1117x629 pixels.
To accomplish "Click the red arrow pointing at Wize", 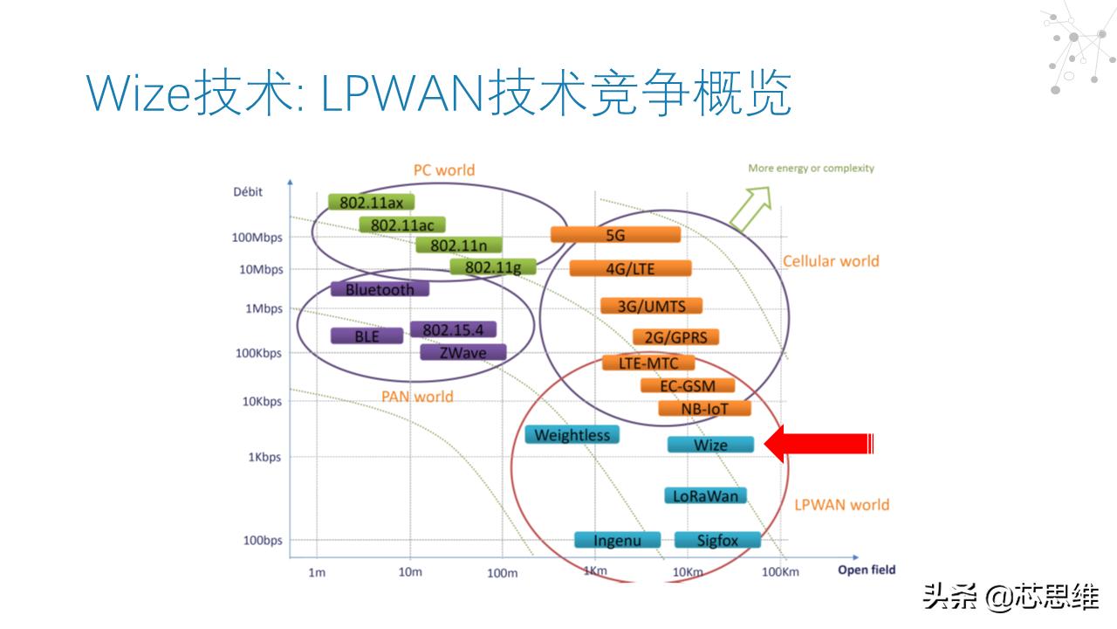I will tap(819, 444).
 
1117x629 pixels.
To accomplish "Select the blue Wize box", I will tap(710, 445).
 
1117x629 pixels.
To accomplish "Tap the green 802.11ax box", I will tap(371, 202).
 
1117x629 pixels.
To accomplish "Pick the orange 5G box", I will tap(615, 234).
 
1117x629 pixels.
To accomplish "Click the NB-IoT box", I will tap(704, 408).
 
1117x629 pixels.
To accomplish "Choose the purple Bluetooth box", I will tap(380, 289).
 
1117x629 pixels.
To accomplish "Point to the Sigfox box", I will tap(717, 540).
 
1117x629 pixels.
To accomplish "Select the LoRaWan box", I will tap(705, 495).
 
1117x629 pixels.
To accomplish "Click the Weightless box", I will tap(572, 434).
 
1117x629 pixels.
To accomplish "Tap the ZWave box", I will tap(463, 352).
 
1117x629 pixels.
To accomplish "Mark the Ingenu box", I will tap(617, 540).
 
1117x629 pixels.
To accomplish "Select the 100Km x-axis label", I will tap(780, 572).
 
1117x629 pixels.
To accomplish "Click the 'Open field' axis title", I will tap(867, 570).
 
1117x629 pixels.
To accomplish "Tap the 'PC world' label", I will tap(444, 169).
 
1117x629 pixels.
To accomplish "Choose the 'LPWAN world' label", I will tap(841, 504).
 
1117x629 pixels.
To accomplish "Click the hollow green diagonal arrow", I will tap(751, 211).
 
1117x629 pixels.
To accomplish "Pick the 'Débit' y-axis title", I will tap(248, 191).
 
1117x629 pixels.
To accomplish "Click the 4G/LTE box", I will tap(630, 268).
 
